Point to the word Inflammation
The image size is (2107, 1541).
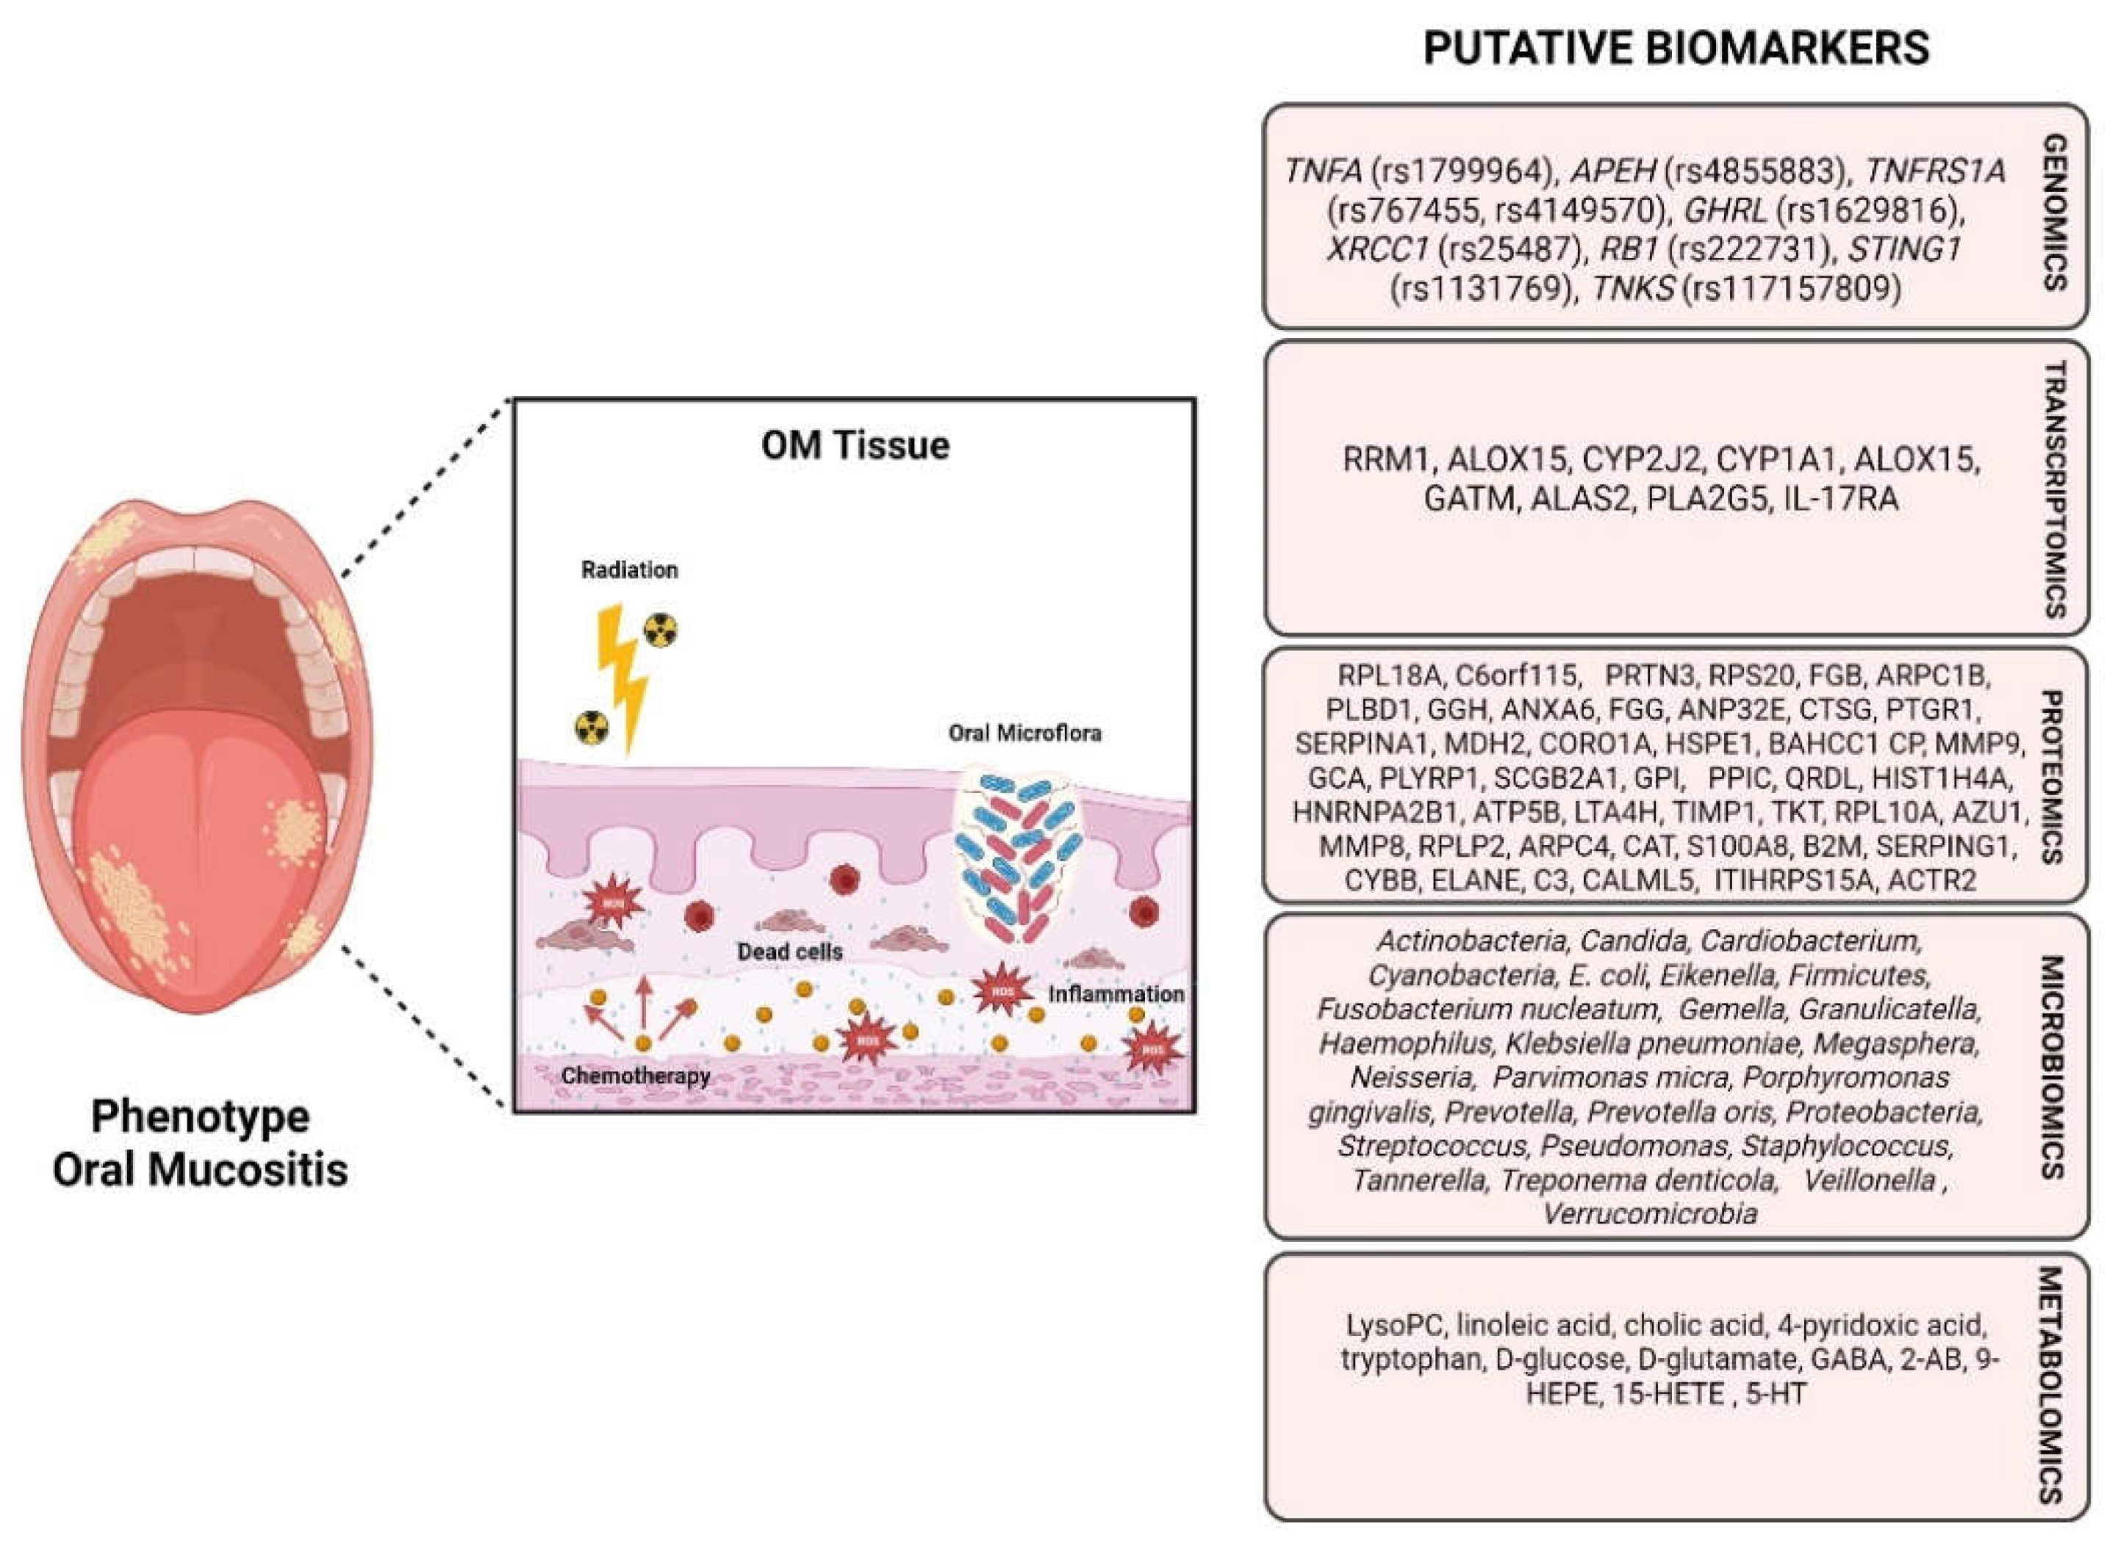[1116, 994]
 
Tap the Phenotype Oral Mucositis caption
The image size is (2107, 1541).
[200, 1143]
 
